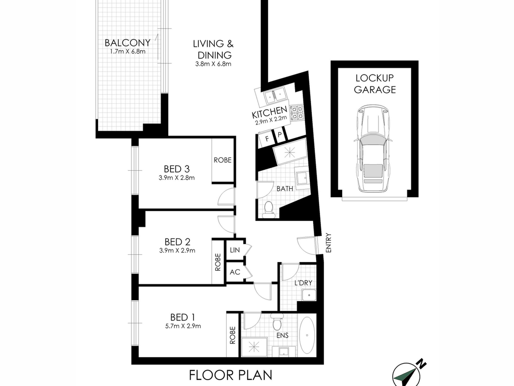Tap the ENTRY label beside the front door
pyautogui.click(x=328, y=243)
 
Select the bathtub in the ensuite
pyautogui.click(x=307, y=335)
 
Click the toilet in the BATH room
pyautogui.click(x=269, y=209)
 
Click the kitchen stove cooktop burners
pyautogui.click(x=297, y=113)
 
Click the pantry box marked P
pyautogui.click(x=279, y=135)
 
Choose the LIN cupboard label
pyautogui.click(x=235, y=250)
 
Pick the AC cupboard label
pyautogui.click(x=235, y=272)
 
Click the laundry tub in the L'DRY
pyautogui.click(x=309, y=295)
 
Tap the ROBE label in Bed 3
pyautogui.click(x=222, y=160)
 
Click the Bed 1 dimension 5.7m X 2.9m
pyautogui.click(x=183, y=326)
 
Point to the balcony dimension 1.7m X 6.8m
pyautogui.click(x=127, y=51)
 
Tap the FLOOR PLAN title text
pyautogui.click(x=230, y=375)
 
